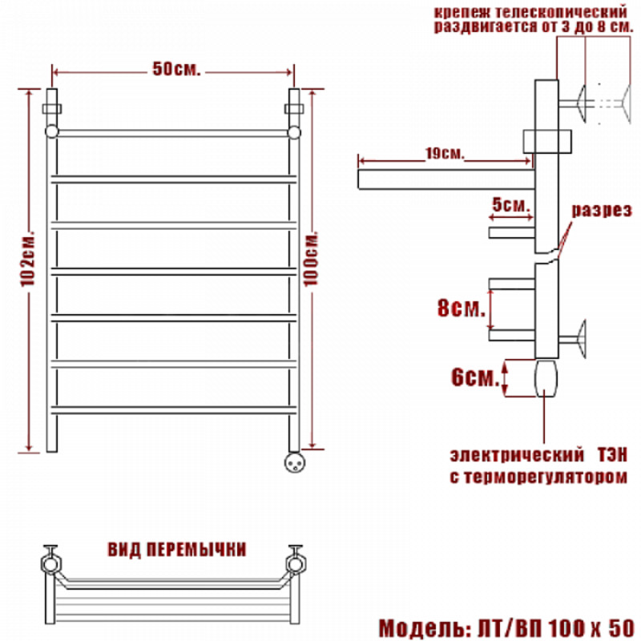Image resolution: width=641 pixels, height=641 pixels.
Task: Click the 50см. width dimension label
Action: (176, 69)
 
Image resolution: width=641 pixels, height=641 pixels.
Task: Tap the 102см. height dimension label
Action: (28, 260)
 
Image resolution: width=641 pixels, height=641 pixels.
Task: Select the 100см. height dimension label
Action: (311, 260)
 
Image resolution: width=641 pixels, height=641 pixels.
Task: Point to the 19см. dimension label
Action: (445, 153)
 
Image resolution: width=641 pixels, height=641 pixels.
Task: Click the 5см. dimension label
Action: (511, 205)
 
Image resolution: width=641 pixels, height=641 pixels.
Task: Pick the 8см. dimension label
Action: (462, 308)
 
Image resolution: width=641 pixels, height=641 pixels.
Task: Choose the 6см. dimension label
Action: (475, 377)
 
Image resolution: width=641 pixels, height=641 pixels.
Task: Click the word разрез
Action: (602, 211)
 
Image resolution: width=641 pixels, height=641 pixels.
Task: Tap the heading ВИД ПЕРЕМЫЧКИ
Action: (177, 550)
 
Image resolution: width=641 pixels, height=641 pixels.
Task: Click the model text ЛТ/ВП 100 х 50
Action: (556, 627)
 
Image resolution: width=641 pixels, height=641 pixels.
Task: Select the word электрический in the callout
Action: (517, 455)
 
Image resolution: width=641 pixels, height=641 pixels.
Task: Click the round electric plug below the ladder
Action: (294, 462)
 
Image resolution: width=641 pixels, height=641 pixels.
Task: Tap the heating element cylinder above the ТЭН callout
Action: (546, 378)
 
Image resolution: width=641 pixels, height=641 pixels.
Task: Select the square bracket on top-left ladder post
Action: (52, 109)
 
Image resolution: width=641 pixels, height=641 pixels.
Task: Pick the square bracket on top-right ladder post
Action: (294, 109)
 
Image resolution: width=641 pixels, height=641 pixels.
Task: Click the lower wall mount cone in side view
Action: (581, 339)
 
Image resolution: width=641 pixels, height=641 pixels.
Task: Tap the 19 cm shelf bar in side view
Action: (446, 179)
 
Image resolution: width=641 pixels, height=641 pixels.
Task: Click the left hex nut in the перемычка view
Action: (50, 564)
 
